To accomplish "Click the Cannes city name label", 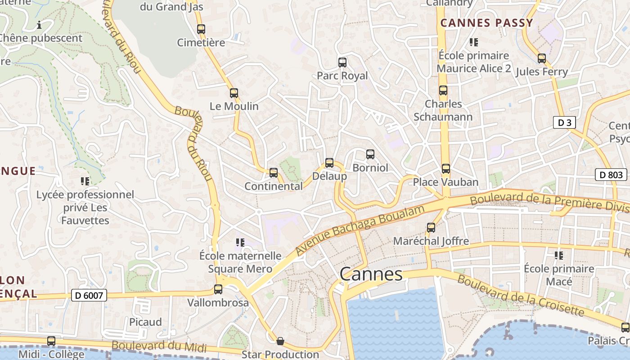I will [x=371, y=274].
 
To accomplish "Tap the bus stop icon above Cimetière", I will [x=201, y=29].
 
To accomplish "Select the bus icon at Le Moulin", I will [x=234, y=93].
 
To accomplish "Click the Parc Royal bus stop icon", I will [x=342, y=63].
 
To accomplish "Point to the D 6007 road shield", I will [x=89, y=296].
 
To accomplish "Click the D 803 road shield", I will [x=611, y=175].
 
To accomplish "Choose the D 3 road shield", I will [x=564, y=122].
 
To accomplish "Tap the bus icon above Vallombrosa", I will [x=218, y=289].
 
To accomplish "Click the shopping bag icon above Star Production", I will [x=280, y=341].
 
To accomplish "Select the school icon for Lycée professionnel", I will [x=85, y=181].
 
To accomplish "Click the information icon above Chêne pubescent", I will [x=39, y=25].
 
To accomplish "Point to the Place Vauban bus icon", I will [x=445, y=169].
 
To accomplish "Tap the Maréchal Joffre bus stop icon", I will [x=431, y=228].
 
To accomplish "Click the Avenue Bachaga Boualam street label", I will [x=360, y=231].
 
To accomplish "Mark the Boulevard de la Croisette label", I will [x=521, y=295].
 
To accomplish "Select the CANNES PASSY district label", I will [x=486, y=23].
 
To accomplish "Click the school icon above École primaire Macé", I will [x=559, y=256].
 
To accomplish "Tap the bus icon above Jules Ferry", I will [x=542, y=58].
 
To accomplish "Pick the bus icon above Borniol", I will [x=370, y=154].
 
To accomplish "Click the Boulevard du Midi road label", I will [x=159, y=346].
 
